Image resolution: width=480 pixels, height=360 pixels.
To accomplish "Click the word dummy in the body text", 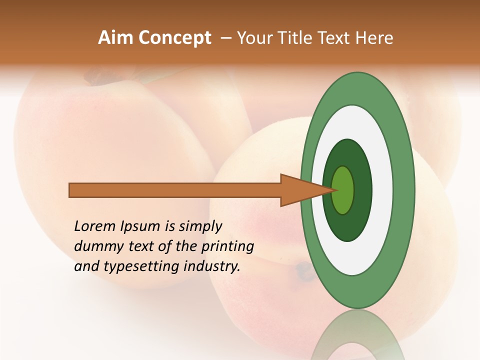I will pyautogui.click(x=95, y=246).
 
